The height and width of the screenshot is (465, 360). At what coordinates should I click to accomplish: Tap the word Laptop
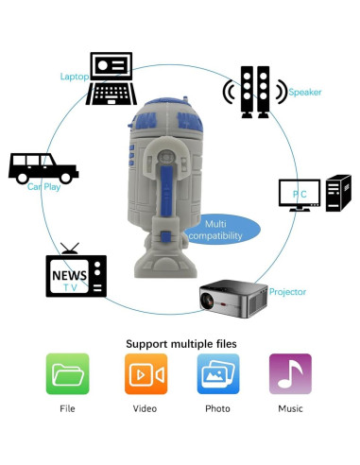coord(74,77)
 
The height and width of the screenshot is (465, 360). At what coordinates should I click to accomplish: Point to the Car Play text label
coord(44,187)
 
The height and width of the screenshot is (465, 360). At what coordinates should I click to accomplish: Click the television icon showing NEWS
coord(76,275)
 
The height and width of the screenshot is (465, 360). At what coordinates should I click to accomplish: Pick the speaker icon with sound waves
coord(254,92)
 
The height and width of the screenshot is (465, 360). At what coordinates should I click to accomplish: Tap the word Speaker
coord(304,92)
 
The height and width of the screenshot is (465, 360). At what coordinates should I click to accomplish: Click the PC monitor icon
coord(299,194)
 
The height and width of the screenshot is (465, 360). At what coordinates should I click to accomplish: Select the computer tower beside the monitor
coord(337,193)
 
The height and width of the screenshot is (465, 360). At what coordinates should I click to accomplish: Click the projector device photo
coord(231,297)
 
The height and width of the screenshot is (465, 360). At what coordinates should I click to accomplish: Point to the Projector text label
coord(287,292)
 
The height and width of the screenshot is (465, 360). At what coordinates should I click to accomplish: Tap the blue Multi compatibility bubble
coord(224,228)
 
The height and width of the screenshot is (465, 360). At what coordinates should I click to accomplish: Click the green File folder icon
coord(67,374)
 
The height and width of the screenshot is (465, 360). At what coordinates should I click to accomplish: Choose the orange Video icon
coord(146,374)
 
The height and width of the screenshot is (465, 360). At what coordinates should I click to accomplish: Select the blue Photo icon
coord(217,374)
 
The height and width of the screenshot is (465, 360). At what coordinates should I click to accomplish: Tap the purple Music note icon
coord(290,374)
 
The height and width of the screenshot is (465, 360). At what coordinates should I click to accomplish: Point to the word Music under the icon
coord(290,408)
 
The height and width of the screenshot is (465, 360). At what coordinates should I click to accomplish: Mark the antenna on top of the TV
coord(69,250)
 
